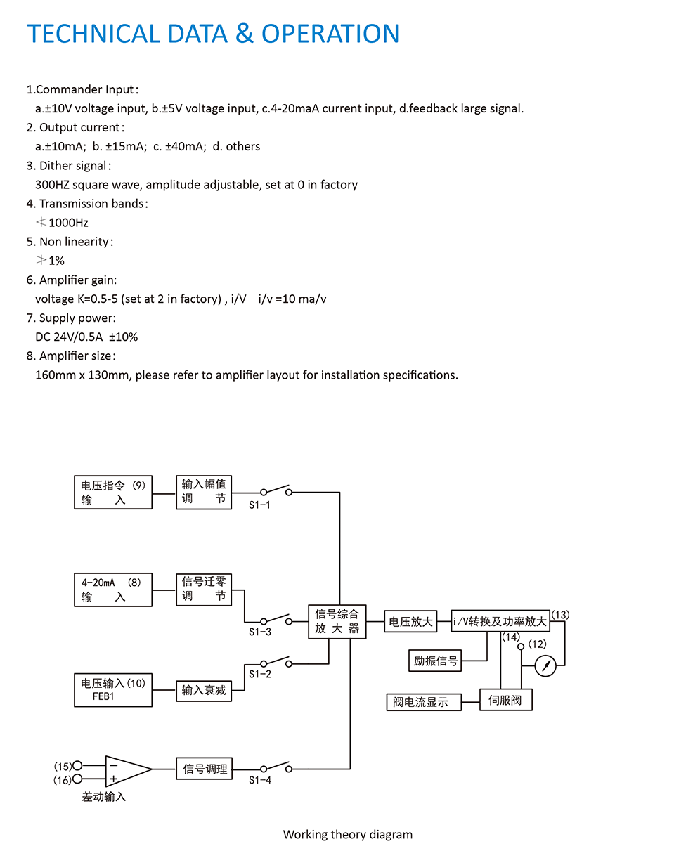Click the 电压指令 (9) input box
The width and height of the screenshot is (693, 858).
click(113, 492)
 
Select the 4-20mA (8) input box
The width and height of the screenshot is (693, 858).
click(113, 590)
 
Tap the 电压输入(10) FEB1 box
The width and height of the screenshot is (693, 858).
click(113, 689)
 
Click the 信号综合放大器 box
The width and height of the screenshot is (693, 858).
click(337, 621)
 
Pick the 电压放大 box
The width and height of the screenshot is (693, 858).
click(411, 622)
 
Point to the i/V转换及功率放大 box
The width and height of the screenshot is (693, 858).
click(500, 622)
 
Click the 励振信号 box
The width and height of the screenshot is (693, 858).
click(435, 661)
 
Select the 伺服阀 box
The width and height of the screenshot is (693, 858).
click(505, 700)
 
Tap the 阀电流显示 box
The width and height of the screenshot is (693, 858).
click(424, 701)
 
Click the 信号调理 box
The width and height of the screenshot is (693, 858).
click(204, 768)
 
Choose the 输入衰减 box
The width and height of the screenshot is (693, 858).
click(204, 690)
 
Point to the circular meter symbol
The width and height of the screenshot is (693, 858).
click(545, 665)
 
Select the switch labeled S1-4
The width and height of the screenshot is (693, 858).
click(276, 767)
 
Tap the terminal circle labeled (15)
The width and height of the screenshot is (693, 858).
click(77, 765)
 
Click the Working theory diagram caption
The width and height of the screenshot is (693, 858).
click(347, 834)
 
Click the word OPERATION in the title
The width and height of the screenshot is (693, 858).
click(330, 34)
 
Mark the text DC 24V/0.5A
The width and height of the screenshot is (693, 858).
click(69, 337)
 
